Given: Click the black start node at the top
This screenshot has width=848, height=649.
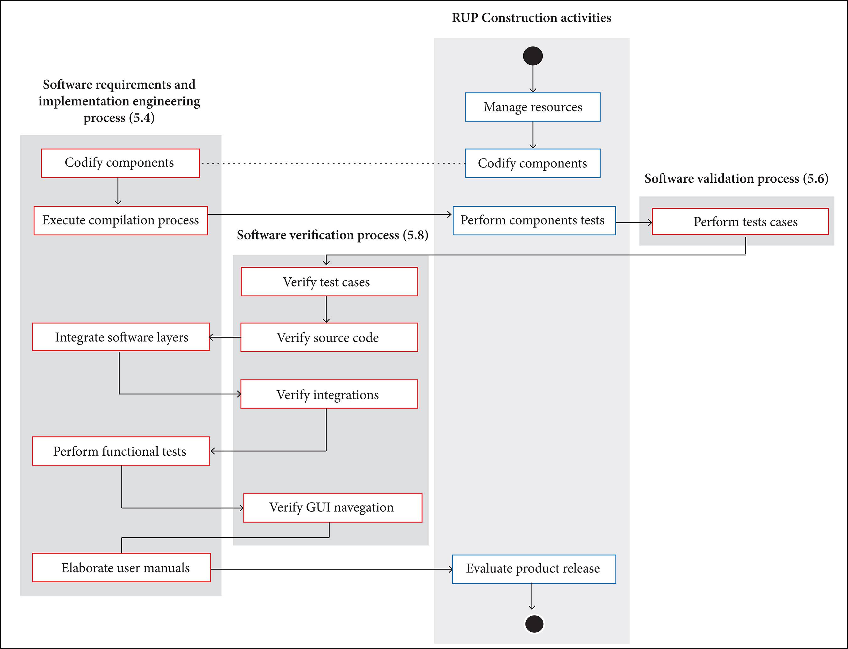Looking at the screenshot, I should click(533, 56).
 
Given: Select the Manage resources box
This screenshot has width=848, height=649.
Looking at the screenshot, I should click(533, 107).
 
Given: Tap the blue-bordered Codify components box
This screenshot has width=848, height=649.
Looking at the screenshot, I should click(533, 163).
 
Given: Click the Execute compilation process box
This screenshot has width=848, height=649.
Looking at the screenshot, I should click(121, 220).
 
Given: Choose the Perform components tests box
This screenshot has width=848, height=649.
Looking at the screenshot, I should click(534, 221).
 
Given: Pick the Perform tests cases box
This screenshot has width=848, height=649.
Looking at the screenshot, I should click(740, 221).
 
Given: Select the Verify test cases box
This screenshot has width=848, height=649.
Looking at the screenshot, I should click(329, 282).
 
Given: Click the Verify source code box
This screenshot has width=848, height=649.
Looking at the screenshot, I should click(329, 337).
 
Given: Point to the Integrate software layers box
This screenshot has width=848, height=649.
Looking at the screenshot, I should click(121, 337).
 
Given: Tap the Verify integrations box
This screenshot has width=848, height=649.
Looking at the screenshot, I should click(329, 394).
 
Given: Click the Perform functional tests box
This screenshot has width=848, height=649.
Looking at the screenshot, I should click(121, 451).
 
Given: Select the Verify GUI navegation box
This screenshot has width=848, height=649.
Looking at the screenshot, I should click(332, 507).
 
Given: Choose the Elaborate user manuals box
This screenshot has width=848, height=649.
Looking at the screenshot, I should click(121, 567).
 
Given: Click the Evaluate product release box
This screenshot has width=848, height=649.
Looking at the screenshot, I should click(534, 569).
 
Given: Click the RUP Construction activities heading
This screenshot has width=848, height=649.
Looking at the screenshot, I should click(531, 18).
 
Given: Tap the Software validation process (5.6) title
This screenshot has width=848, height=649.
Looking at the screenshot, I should click(736, 179).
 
